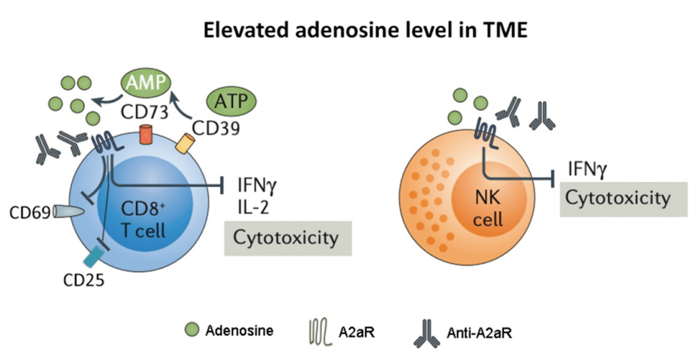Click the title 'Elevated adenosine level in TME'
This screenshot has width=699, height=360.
pyautogui.click(x=349, y=33)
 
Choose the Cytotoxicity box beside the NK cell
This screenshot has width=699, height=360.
pyautogui.click(x=617, y=197)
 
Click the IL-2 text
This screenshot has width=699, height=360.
pyautogui.click(x=254, y=206)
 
